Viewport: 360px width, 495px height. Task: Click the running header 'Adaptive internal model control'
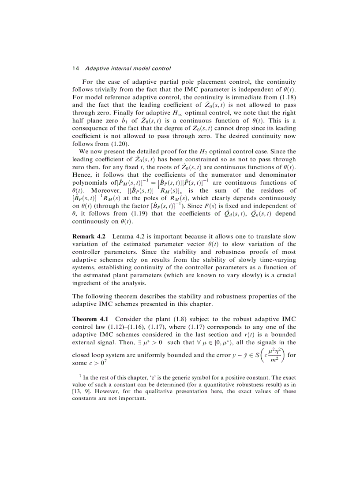[128, 68]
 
